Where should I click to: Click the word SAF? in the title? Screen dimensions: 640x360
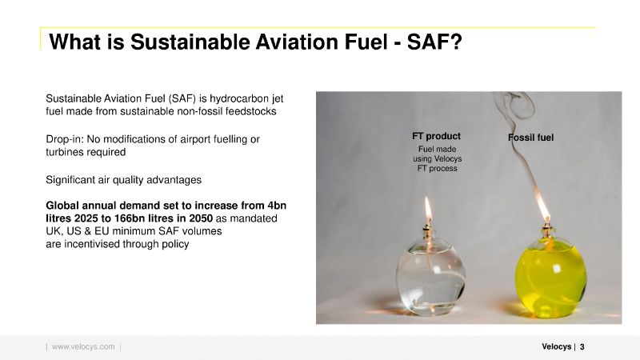tap(434, 42)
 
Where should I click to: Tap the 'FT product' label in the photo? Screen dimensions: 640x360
tap(436, 136)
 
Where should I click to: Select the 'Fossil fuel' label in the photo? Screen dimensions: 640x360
tap(530, 138)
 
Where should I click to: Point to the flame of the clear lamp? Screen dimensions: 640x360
tap(428, 208)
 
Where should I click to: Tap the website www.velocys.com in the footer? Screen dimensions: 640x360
tap(83, 346)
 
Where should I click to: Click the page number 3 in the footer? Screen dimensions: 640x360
tap(582, 346)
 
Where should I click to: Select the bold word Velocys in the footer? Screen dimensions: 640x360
tap(556, 346)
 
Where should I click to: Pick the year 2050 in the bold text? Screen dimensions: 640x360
tap(200, 218)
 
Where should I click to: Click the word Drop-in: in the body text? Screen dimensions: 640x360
tap(65, 139)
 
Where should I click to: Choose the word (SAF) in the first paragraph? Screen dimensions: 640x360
tap(182, 98)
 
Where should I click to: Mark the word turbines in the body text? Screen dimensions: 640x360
tap(62, 152)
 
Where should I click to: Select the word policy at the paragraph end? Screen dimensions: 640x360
tap(175, 244)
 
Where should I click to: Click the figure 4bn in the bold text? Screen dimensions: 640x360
tap(277, 206)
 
